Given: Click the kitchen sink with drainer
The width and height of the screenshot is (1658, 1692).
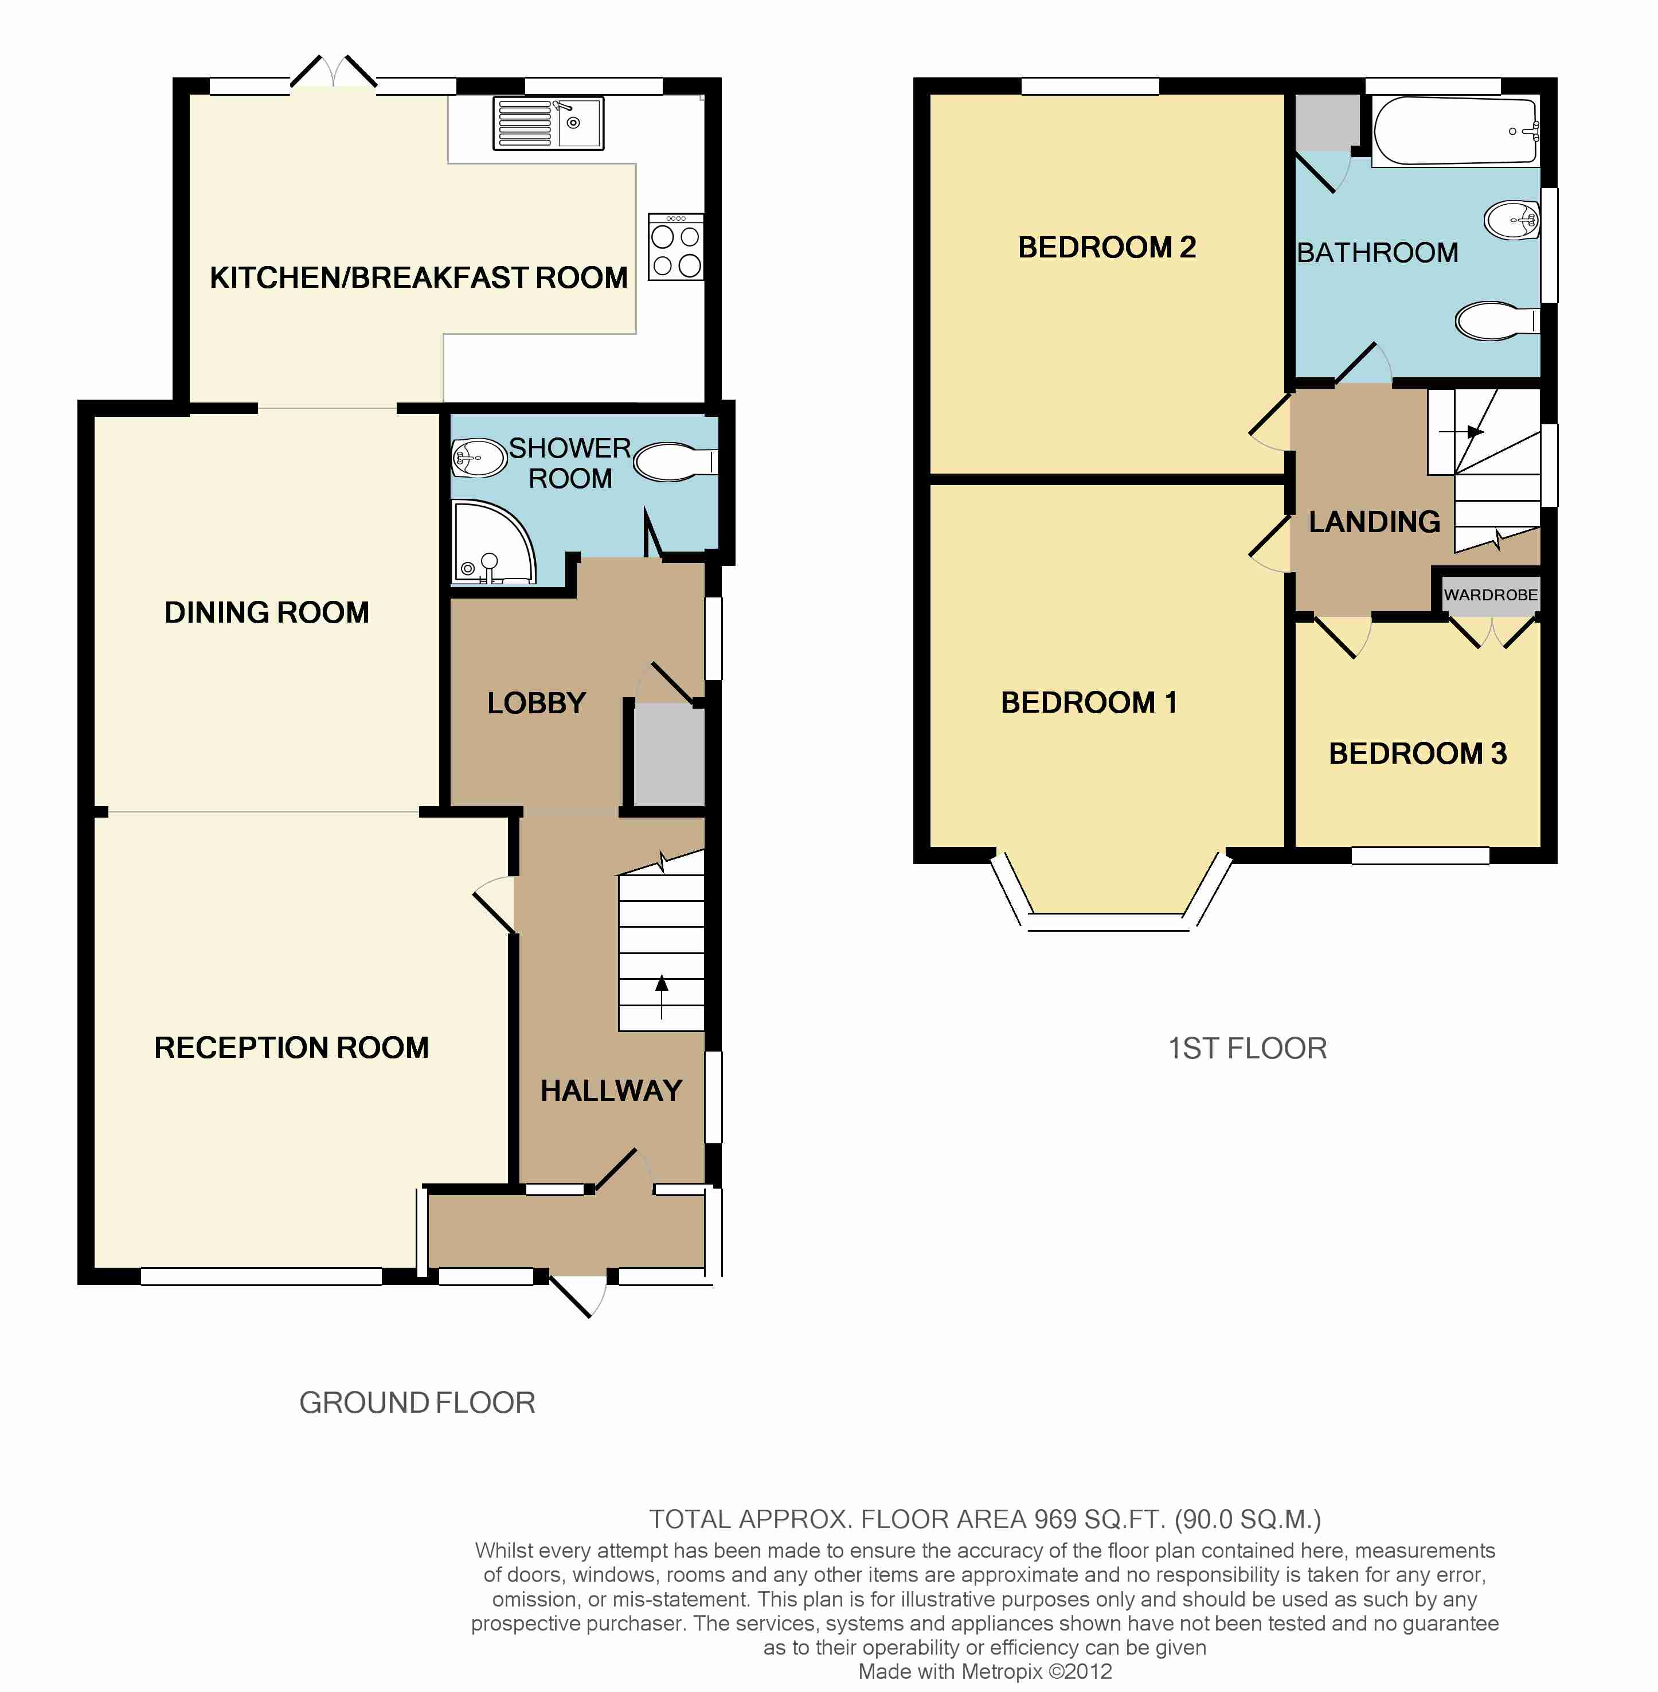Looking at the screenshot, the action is [548, 123].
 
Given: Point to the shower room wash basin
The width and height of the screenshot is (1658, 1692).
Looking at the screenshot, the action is [479, 457].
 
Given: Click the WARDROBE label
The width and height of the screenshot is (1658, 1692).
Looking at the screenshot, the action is [1491, 595].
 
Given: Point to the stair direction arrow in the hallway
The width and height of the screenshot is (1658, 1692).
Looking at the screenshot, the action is [662, 997].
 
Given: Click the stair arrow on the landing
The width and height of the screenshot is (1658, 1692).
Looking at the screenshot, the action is [1462, 431].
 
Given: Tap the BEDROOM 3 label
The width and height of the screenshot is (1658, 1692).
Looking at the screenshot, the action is [1418, 753].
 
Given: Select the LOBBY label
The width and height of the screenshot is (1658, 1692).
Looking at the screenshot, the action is [537, 703].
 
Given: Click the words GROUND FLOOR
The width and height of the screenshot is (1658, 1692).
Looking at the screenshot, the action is [417, 1402].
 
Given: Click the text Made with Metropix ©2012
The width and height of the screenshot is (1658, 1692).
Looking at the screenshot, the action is [985, 1671].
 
